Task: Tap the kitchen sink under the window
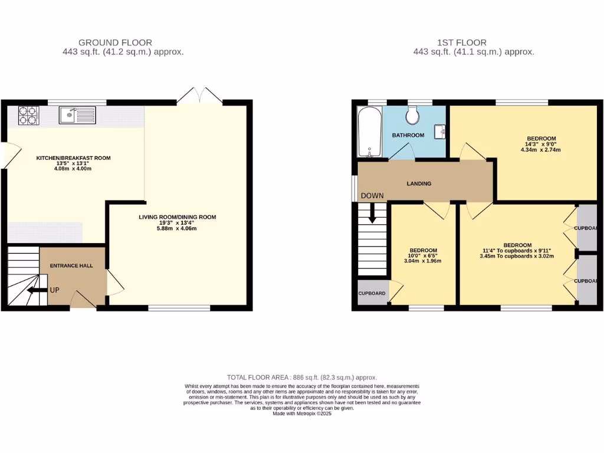(77, 114)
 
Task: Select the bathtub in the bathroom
(369, 132)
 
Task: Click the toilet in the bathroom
(412, 115)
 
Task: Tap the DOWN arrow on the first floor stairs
(372, 213)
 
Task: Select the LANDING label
(419, 183)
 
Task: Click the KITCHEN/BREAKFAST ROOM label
(73, 158)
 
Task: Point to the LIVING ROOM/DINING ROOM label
(178, 217)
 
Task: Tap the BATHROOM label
(408, 135)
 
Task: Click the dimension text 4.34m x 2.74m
(540, 150)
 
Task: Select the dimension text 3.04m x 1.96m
(423, 261)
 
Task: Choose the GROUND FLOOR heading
(115, 42)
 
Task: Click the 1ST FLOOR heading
(461, 42)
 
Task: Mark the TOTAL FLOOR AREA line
(302, 377)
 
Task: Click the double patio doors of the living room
(201, 96)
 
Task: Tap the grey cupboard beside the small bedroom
(372, 293)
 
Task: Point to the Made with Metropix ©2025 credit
(302, 413)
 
